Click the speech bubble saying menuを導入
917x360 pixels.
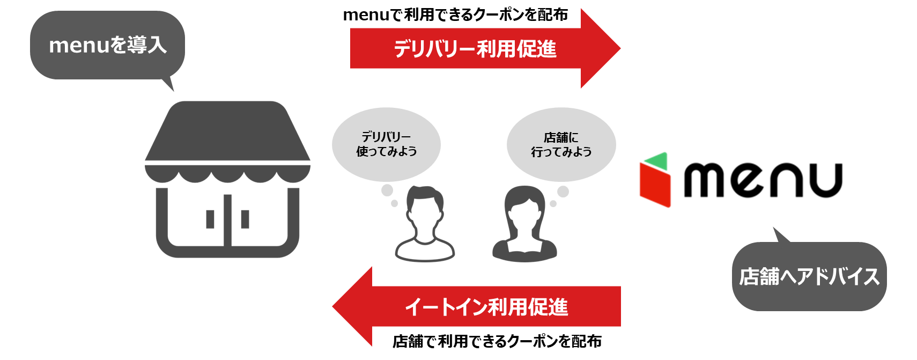[107, 45]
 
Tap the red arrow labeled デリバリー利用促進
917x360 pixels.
[475, 49]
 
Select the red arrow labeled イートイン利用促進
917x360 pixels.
[485, 307]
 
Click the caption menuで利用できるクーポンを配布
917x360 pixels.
[455, 14]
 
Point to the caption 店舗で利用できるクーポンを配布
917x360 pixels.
[497, 341]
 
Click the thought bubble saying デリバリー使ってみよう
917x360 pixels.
[386, 144]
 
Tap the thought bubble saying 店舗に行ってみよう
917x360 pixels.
[561, 144]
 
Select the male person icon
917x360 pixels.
[425, 225]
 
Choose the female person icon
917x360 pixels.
[524, 225]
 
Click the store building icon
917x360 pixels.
[227, 180]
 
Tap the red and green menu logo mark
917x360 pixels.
[655, 180]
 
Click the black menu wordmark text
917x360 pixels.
[763, 180]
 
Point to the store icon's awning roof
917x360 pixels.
[227, 131]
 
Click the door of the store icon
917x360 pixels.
[227, 220]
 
